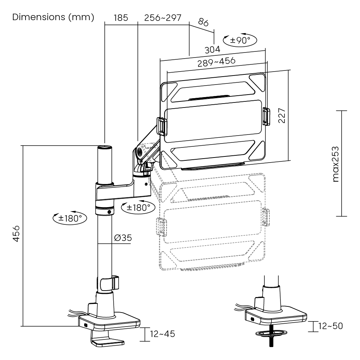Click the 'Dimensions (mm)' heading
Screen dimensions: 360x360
point(53,17)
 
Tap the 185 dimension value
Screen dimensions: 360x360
point(121,18)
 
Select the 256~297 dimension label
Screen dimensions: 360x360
point(163,18)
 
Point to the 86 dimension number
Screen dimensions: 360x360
point(203,22)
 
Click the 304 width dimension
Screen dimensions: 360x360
point(213,50)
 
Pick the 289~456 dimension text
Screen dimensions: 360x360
point(217,62)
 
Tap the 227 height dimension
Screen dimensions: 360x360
point(282,116)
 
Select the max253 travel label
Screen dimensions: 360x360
point(336,164)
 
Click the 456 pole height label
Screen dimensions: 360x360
point(16,234)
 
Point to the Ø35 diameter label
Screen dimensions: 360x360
point(123,238)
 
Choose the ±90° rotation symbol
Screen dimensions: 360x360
point(240,40)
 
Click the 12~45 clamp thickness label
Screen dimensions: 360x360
point(163,334)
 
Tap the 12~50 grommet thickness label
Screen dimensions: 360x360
point(331,326)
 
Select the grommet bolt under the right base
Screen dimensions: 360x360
point(271,337)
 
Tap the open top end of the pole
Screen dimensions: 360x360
point(105,147)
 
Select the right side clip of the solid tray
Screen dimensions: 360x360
point(266,116)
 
